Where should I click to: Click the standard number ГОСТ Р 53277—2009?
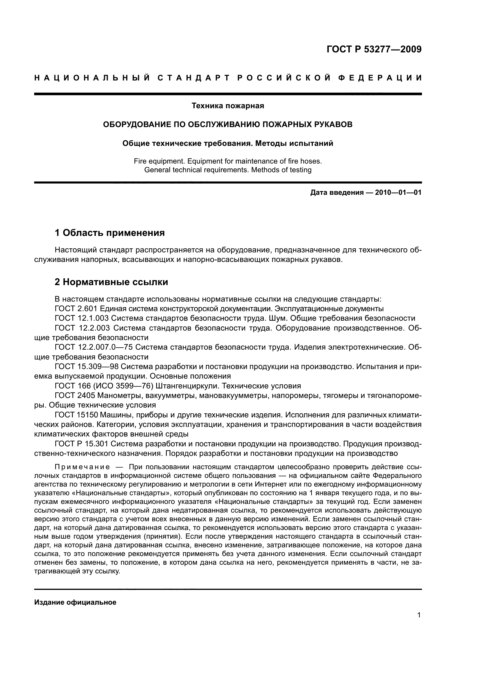point(374,49)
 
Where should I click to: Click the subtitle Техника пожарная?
point(228,106)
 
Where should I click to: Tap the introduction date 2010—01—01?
point(398,192)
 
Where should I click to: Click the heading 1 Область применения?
point(110,233)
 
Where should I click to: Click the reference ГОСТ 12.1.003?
point(82,318)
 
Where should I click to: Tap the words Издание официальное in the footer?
point(75,602)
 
